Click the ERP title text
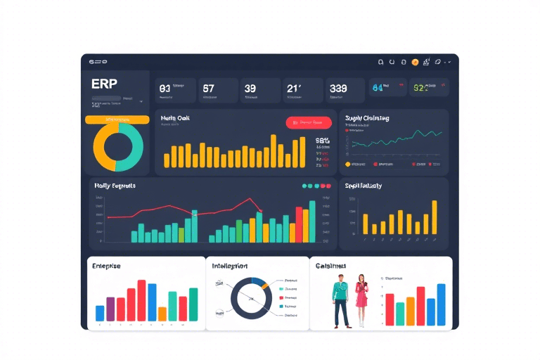pyautogui.click(x=104, y=84)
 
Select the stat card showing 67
pyautogui.click(x=216, y=90)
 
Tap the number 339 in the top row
pyautogui.click(x=338, y=89)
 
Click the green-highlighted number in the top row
pyautogui.click(x=420, y=89)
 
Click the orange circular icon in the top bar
pyautogui.click(x=415, y=62)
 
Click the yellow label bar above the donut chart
pyautogui.click(x=117, y=120)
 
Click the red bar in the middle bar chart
pyautogui.click(x=299, y=224)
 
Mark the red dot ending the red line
pyautogui.click(x=261, y=210)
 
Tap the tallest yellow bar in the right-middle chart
pyautogui.click(x=434, y=217)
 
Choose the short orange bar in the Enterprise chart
pyautogui.click(x=162, y=314)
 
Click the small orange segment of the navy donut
pyautogui.click(x=259, y=284)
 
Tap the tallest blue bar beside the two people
pyautogui.click(x=441, y=304)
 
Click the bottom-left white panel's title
pyautogui.click(x=106, y=266)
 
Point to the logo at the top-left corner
pyautogui.click(x=98, y=63)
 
